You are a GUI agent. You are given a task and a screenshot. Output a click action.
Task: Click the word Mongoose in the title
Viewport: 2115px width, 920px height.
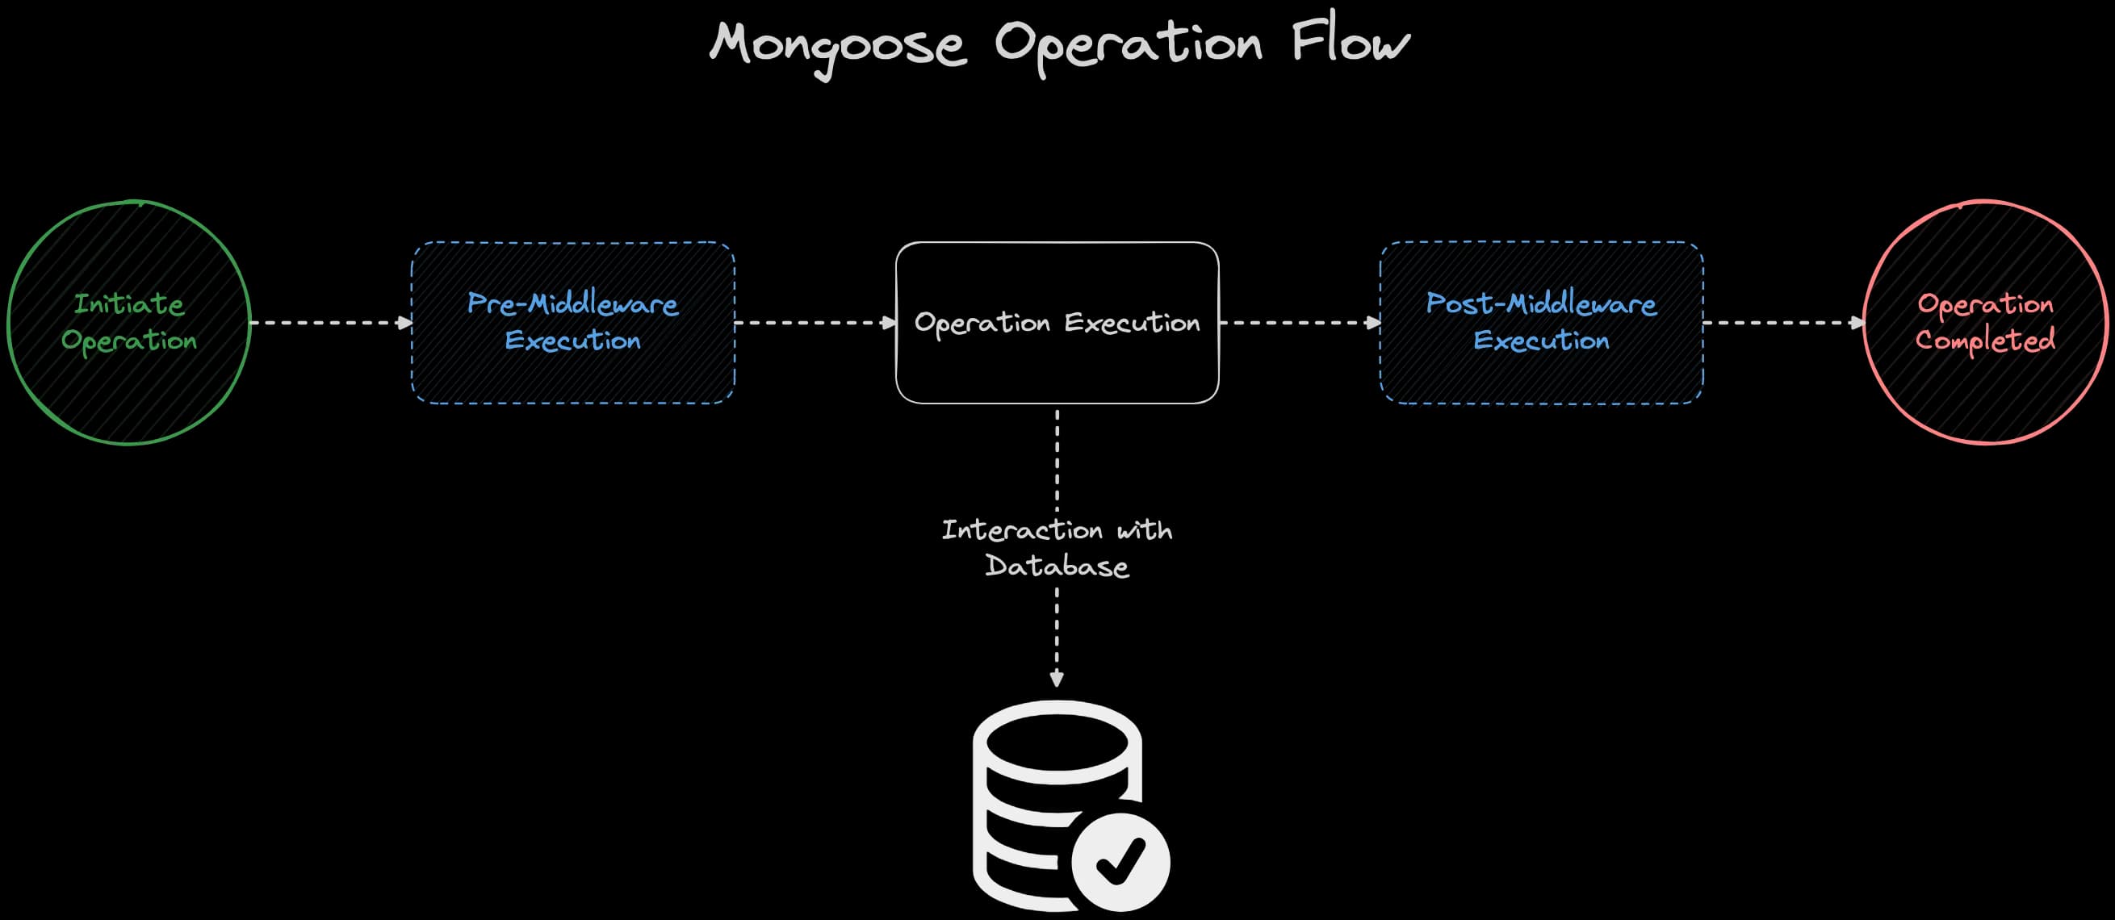point(837,44)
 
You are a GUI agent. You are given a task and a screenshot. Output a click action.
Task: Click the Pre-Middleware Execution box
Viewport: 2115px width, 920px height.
point(572,378)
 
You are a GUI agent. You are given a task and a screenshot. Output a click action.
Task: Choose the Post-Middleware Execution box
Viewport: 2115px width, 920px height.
point(1541,378)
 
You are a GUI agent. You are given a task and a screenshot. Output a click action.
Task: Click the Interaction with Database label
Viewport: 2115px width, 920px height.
point(1057,547)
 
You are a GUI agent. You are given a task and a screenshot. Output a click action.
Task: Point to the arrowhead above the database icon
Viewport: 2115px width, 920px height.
point(1057,680)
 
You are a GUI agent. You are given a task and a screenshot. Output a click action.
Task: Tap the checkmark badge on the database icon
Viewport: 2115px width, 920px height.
point(1120,862)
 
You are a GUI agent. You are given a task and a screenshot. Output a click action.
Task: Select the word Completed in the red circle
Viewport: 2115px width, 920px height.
point(1985,340)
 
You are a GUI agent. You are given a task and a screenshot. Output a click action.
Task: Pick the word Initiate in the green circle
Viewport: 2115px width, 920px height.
point(129,304)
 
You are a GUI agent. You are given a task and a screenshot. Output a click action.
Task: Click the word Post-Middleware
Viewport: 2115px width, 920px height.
point(1541,304)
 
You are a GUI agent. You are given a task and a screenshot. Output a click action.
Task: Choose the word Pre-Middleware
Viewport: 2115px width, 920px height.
point(572,304)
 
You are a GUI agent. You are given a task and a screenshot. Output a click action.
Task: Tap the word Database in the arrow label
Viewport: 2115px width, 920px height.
point(1057,567)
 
